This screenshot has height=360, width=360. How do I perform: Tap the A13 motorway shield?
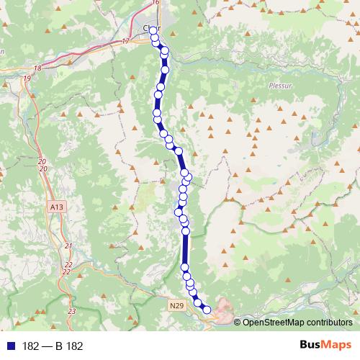pos(57,207)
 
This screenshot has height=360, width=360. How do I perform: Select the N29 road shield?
pos(178,306)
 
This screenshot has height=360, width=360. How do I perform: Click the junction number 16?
pos(156,3)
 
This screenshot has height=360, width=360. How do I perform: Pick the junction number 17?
pos(125,42)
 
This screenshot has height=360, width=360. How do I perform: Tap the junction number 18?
pos(38,68)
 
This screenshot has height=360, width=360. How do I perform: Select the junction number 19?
pos(27,78)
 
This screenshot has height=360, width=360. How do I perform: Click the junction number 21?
pos(68,246)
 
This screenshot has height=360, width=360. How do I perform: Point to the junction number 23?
pos(71,310)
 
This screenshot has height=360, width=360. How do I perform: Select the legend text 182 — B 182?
pos(53,346)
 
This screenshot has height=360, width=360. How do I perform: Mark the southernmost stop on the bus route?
pos(207,310)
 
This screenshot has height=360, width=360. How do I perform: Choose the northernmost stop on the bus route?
pos(153,30)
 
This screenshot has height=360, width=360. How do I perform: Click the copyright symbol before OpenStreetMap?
pos(238,322)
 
